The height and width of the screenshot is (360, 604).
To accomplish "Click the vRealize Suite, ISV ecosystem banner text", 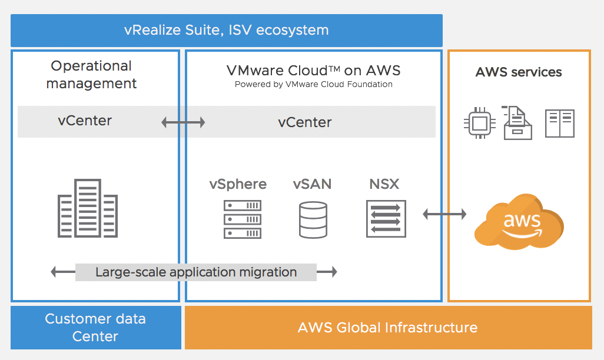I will pos(227,30).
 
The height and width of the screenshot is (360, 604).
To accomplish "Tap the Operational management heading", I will pos(91,75).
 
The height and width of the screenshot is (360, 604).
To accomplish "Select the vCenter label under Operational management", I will pos(85,121).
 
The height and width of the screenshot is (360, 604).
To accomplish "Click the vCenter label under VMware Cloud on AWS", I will pos(305,122).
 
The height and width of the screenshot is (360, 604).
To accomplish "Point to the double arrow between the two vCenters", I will pos(183,122).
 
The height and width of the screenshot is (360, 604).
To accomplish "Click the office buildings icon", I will pos(87,208).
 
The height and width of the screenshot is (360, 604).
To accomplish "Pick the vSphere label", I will pos(238,184).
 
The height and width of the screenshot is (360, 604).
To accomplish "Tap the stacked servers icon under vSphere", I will pos(242,219).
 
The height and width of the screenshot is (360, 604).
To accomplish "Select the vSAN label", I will pos(312,184).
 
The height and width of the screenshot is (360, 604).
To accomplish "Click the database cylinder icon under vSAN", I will pos(313,219).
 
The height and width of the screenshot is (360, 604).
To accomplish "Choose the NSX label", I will pos(384,184).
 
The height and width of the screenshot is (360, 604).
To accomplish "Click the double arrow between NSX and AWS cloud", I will pos(444,214).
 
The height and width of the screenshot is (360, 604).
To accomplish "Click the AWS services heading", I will pos(519,72).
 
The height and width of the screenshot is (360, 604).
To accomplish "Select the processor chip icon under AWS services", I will pos(480,124).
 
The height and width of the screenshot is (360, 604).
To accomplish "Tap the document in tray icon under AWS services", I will pos(517,122).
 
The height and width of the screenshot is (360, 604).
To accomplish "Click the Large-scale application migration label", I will pos(196,272).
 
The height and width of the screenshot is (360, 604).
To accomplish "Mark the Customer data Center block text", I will pos(95,328).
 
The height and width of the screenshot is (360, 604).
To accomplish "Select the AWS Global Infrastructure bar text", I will pos(387,328).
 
